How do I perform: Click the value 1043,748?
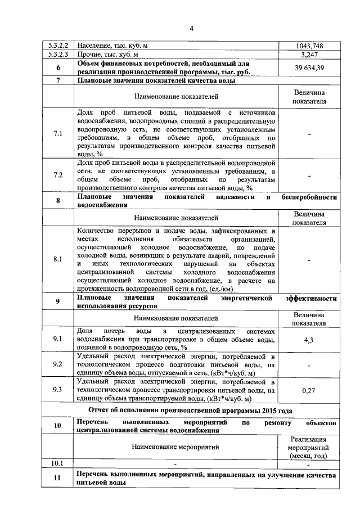pos(309,45)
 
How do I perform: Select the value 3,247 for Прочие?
pos(309,55)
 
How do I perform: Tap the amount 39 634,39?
pos(309,68)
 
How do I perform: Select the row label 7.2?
pos(58,175)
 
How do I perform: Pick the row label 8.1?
pos(58,259)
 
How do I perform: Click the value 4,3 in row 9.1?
pos(309,340)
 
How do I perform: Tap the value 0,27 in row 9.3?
pos(309,390)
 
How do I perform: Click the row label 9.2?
pos(58,364)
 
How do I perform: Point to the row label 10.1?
pos(58,464)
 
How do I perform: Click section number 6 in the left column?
pos(58,68)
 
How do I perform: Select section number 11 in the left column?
pos(58,479)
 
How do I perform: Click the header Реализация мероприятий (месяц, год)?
pos(309,447)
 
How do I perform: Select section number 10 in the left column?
pos(58,426)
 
